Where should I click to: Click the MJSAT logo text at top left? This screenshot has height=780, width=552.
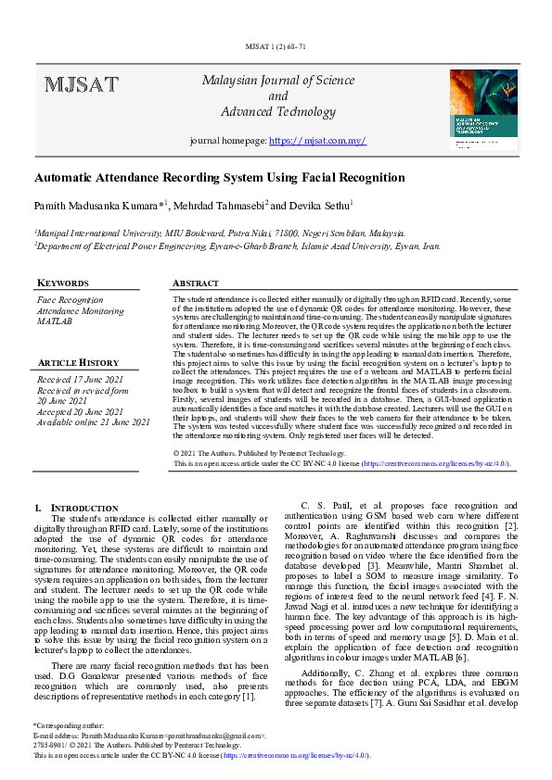pos(81,85)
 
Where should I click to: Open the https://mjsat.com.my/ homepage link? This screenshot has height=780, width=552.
pos(317,141)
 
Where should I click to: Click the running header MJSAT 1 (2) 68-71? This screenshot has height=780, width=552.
pos(277,46)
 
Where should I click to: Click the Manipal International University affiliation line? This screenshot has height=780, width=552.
pos(220,235)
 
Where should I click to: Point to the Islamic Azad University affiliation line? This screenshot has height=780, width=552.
pos(237,247)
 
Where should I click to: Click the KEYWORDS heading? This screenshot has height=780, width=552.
pos(62,283)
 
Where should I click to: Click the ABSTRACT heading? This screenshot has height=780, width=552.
pos(197,283)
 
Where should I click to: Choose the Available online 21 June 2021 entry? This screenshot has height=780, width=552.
pos(93,421)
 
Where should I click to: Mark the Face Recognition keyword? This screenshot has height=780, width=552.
pos(70,300)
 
